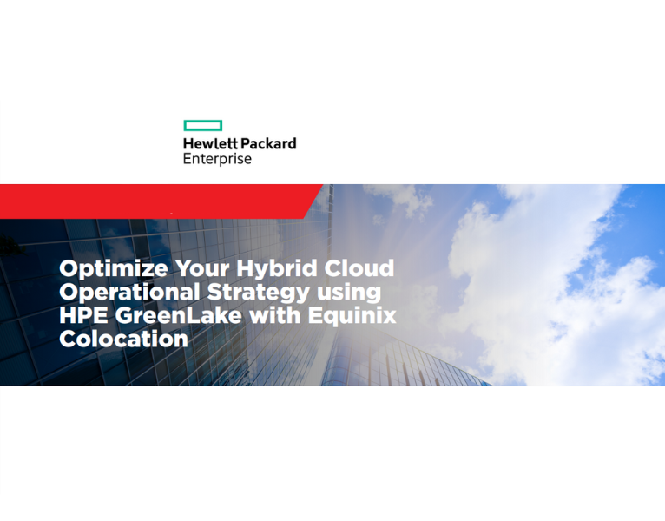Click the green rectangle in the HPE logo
click(x=203, y=126)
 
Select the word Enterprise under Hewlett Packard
click(x=217, y=160)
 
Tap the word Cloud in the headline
click(x=359, y=268)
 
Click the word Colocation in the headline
click(x=123, y=339)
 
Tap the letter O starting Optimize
click(x=69, y=268)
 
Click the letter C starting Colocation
click(x=69, y=339)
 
